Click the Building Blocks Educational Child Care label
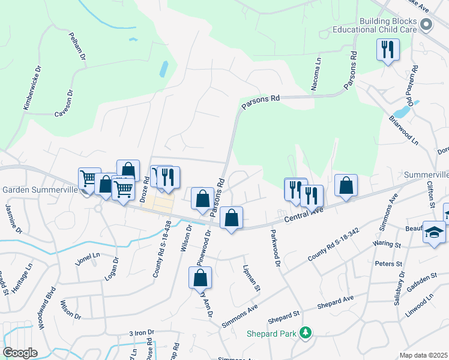388,25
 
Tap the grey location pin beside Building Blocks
427,25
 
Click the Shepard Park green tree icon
306,332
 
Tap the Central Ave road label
305,217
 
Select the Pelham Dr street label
78,46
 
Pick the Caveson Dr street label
64,104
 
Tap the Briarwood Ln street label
403,131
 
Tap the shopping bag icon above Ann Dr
200,278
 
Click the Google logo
20,352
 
